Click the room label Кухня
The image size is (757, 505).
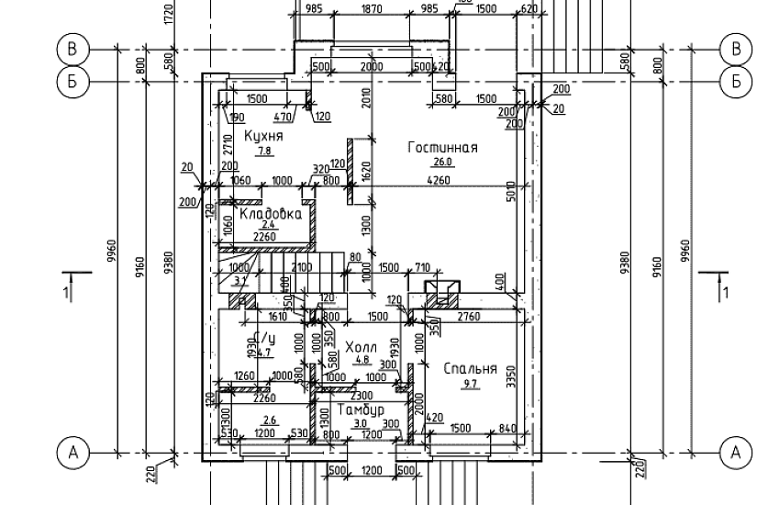(x=263, y=136)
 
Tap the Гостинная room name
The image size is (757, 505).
(x=444, y=147)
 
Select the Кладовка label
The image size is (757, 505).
(x=271, y=213)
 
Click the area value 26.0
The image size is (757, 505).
(x=445, y=162)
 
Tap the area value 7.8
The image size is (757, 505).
(x=263, y=151)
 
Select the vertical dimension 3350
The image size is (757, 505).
(x=511, y=376)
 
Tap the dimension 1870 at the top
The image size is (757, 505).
(x=371, y=8)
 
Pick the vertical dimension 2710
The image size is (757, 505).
(x=225, y=147)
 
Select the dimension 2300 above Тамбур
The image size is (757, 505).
(x=362, y=395)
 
